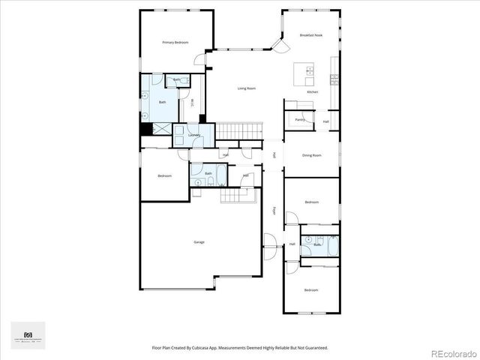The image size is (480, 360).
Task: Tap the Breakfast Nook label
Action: coord(310,35)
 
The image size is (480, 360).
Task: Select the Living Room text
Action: coord(247,88)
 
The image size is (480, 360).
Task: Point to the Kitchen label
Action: coord(313,91)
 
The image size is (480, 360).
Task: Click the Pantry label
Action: coord(299,119)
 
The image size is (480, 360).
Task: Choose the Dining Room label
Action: coord(311,155)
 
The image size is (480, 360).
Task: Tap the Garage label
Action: coord(199,242)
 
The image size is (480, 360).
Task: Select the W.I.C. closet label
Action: coord(192,104)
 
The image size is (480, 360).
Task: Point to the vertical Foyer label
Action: coord(274,211)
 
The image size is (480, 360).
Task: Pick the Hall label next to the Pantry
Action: coord(326,121)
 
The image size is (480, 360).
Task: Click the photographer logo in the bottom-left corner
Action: coord(28,335)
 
